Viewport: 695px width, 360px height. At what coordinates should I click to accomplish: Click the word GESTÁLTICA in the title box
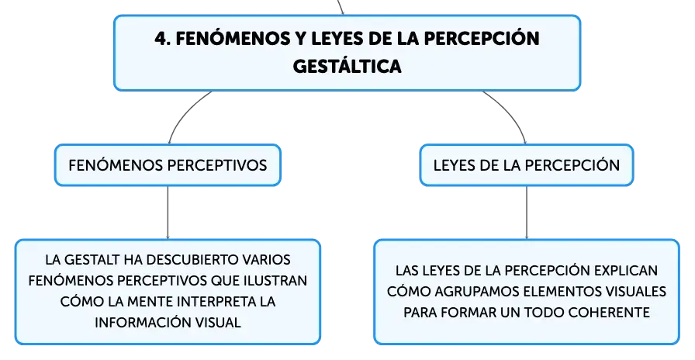click(347, 67)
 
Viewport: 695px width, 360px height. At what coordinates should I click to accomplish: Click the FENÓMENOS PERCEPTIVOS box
click(168, 165)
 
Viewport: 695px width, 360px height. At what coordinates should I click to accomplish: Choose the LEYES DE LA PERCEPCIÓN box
click(527, 165)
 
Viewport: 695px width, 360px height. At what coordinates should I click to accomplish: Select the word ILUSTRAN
click(275, 281)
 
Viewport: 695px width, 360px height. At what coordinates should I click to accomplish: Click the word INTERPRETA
click(215, 302)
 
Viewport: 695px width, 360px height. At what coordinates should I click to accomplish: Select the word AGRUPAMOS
click(476, 291)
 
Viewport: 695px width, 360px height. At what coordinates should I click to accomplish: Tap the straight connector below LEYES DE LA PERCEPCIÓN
click(527, 213)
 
